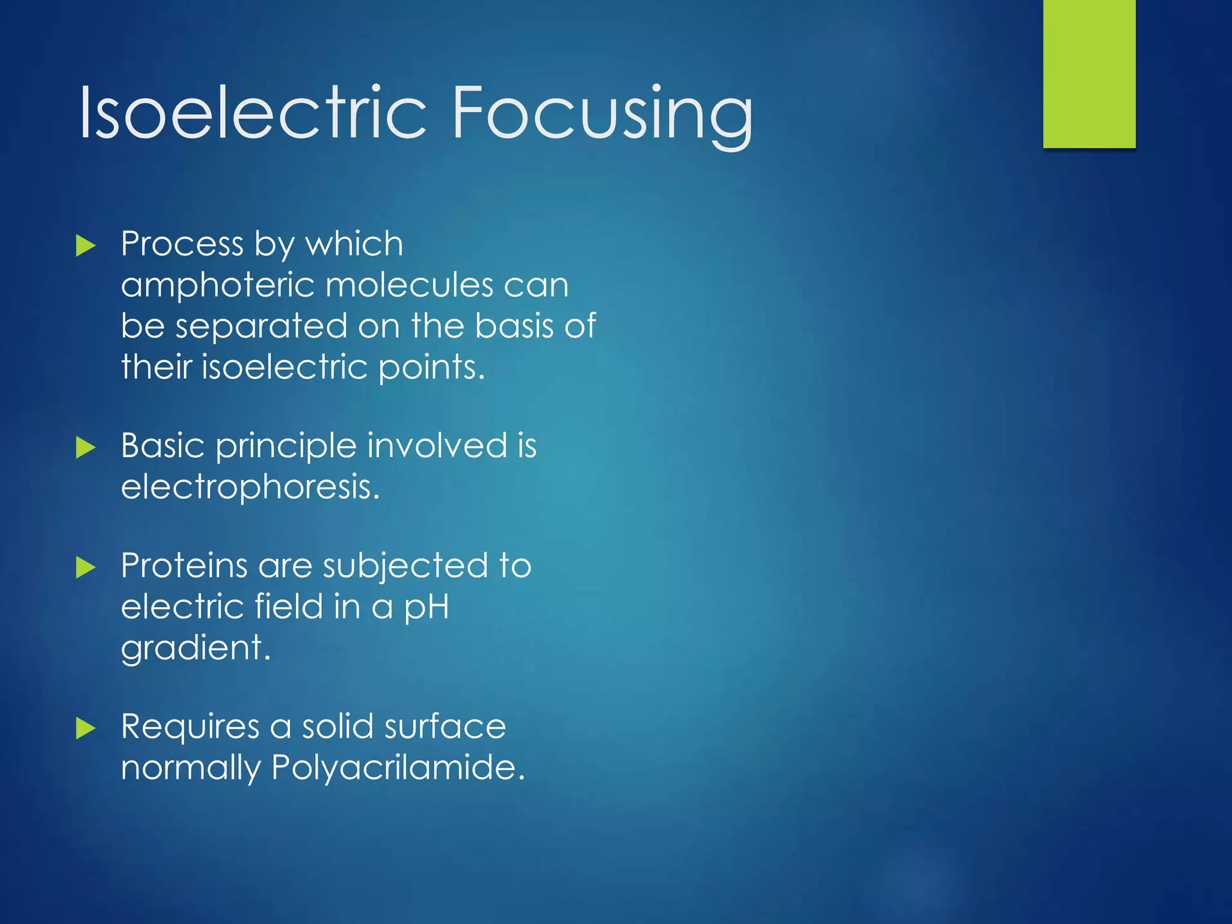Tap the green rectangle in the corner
point(1089,73)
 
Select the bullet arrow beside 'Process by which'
point(86,246)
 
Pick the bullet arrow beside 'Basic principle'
point(86,448)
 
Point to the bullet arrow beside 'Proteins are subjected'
point(86,567)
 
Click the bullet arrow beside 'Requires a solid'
point(86,728)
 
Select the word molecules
point(409,285)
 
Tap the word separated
point(262,327)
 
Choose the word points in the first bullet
point(431,368)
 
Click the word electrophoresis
point(250,487)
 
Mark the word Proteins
point(184,566)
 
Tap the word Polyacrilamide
point(398,768)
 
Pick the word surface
point(445,727)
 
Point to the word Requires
point(190,727)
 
